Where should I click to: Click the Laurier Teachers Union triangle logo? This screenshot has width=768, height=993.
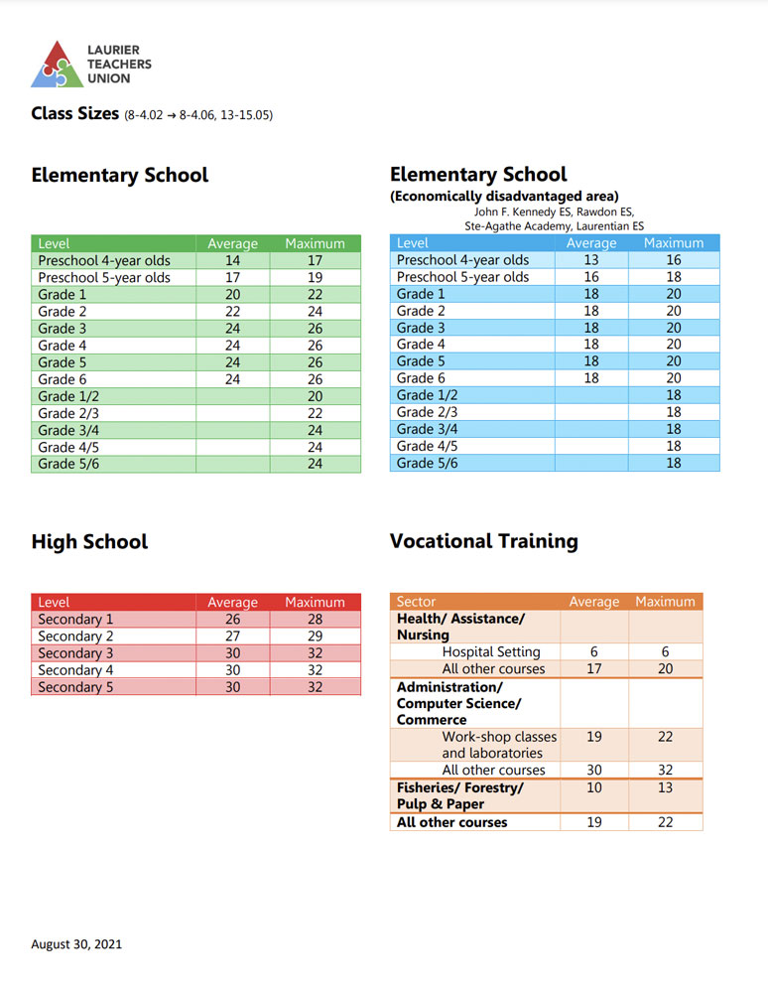click(x=56, y=64)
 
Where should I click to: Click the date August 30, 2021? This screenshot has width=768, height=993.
click(x=76, y=944)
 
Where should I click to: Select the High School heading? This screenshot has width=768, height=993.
click(x=89, y=542)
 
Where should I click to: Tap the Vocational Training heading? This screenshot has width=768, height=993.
click(x=483, y=541)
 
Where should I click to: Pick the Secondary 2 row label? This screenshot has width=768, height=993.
click(x=75, y=637)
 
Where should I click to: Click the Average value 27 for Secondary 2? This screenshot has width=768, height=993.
click(x=232, y=637)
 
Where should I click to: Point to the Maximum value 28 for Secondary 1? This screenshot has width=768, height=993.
click(x=315, y=620)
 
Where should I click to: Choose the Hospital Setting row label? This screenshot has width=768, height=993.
click(x=491, y=652)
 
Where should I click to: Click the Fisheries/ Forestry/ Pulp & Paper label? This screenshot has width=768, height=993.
click(x=459, y=795)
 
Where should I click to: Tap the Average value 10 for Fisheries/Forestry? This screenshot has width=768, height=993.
click(x=594, y=787)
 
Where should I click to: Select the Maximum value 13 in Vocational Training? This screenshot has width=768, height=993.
click(x=665, y=787)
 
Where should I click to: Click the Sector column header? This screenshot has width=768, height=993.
click(x=416, y=602)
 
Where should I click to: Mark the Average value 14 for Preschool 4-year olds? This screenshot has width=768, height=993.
click(x=232, y=260)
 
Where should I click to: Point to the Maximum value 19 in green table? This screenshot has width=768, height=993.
click(x=315, y=278)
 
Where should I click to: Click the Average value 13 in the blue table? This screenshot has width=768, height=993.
click(x=590, y=260)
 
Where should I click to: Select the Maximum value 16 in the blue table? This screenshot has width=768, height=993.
click(x=674, y=260)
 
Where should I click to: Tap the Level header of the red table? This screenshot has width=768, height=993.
click(x=54, y=602)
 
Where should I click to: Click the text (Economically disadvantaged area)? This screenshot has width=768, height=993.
click(x=504, y=196)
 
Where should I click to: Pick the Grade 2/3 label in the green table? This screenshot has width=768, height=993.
click(x=69, y=413)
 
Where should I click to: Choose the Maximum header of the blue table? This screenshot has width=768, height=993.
click(x=674, y=242)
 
